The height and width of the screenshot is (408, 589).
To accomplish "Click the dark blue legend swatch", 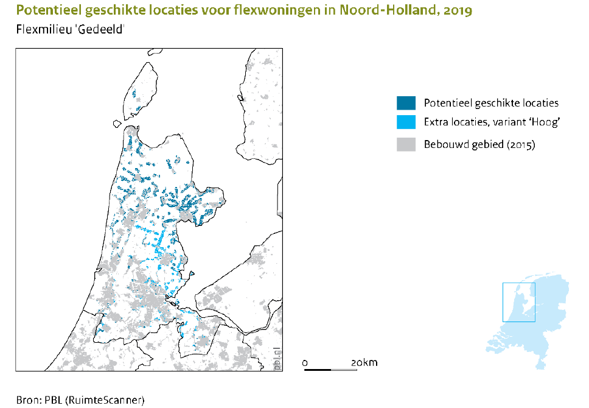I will pos(406,103).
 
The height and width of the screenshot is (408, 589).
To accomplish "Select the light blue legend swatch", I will pos(406,122).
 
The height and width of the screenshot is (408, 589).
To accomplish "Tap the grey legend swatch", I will pos(406,144).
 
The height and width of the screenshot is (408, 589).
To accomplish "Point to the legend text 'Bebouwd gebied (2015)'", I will pos(479,144).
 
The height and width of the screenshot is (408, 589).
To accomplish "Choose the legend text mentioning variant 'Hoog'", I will pos(492,122).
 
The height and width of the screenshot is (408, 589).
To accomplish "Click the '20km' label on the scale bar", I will pos(364,363).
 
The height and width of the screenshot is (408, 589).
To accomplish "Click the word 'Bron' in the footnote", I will pos(28,400).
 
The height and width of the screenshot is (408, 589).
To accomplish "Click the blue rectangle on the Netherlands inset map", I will pos(518,302).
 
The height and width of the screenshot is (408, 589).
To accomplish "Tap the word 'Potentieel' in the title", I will pos(43,11).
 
